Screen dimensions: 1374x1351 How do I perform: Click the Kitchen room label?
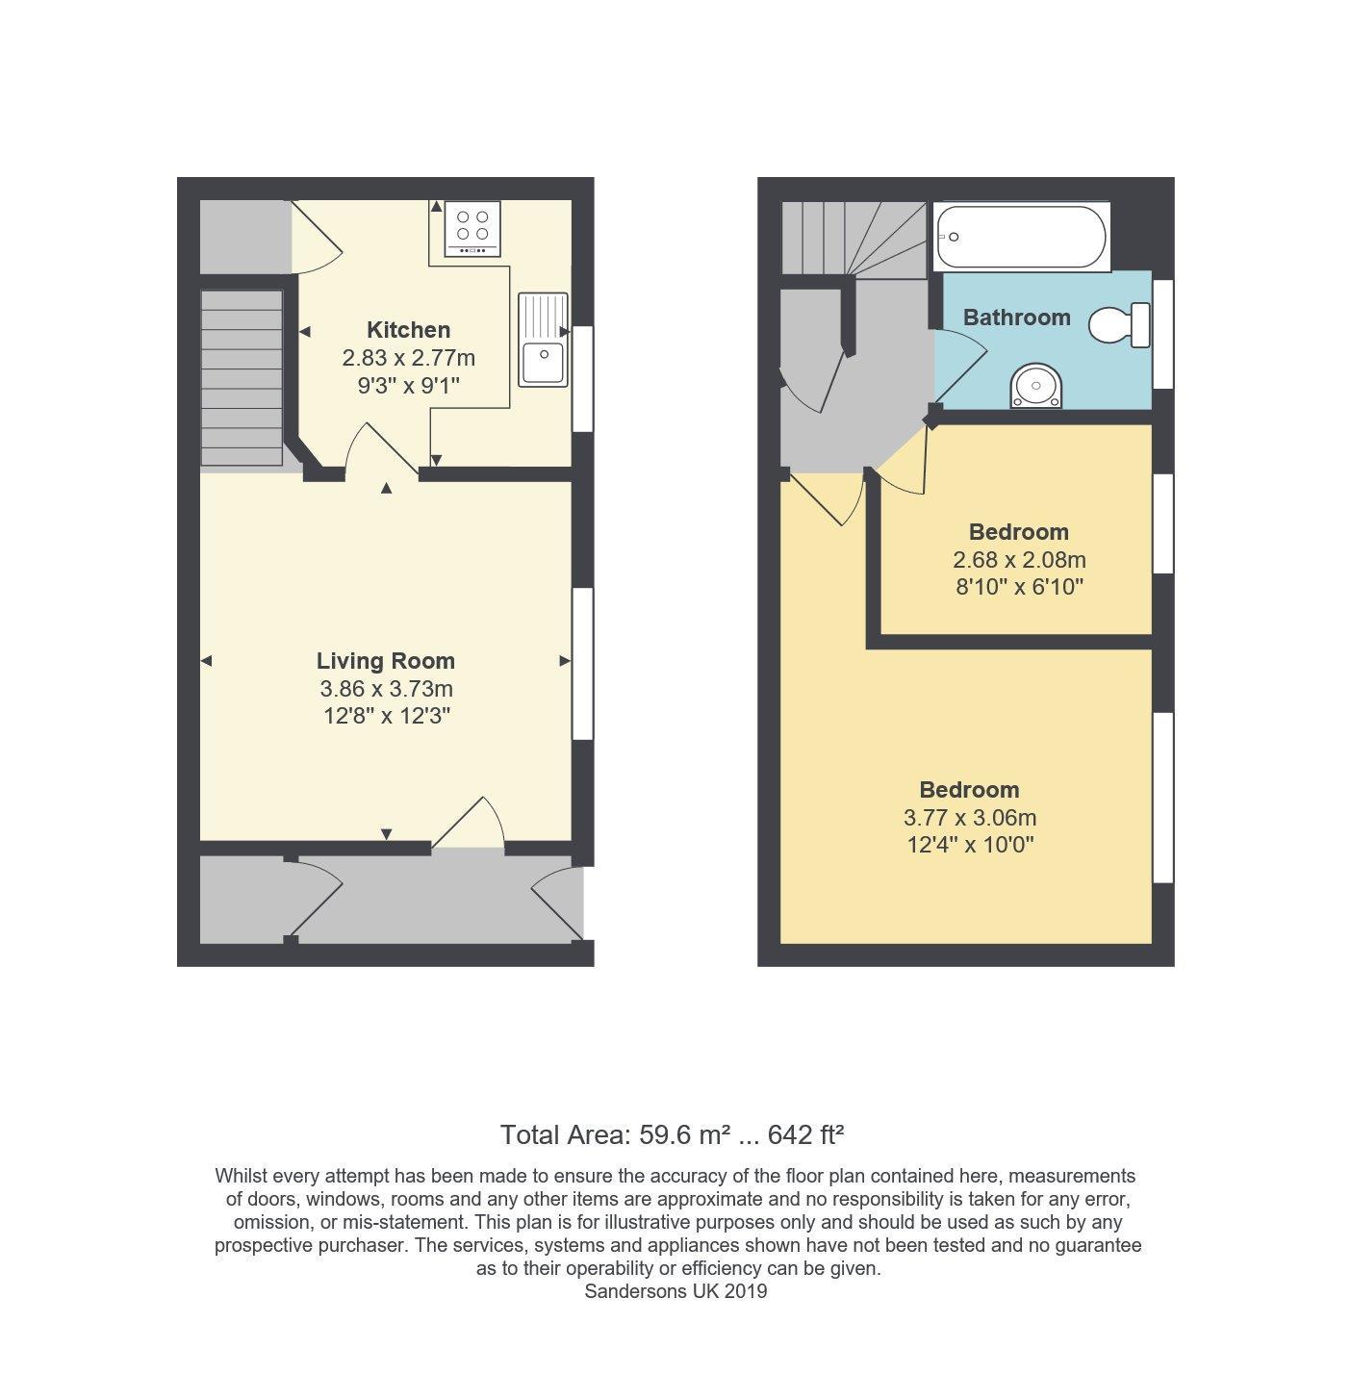click(x=408, y=330)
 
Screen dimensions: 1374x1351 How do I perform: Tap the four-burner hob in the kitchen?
click(x=472, y=231)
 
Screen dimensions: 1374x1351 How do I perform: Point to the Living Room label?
click(x=385, y=661)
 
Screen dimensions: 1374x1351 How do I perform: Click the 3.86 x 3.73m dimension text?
click(x=386, y=689)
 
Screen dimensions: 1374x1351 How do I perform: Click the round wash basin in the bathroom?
click(x=1036, y=387)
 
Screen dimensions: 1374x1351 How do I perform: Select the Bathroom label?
click(x=1016, y=318)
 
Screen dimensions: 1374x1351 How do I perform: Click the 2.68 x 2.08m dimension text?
click(x=1018, y=560)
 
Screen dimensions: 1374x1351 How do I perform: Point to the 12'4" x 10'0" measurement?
click(x=969, y=846)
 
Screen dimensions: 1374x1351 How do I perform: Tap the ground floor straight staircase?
click(x=242, y=377)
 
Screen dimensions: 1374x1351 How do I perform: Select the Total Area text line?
click(x=672, y=1135)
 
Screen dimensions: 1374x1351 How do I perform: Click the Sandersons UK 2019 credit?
click(x=675, y=1291)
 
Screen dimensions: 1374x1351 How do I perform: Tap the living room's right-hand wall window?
click(x=582, y=663)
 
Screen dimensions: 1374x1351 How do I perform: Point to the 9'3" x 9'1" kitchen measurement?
click(x=408, y=386)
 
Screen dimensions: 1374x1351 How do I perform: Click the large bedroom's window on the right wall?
click(x=1162, y=797)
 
